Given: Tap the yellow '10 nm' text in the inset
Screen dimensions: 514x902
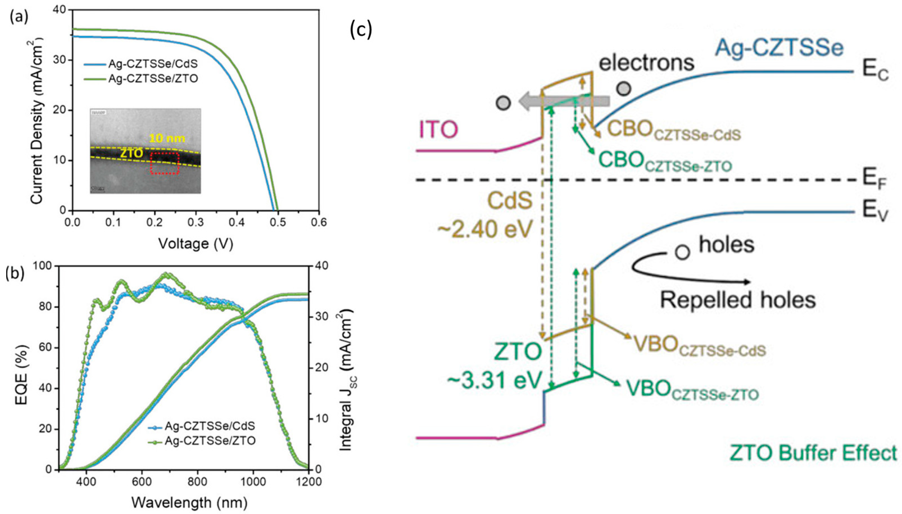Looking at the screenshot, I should [167, 138].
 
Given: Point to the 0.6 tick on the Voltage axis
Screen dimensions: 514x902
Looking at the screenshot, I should [319, 223].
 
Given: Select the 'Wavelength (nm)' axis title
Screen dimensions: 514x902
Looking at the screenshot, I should [189, 502].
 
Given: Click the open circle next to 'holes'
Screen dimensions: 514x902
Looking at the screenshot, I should [682, 253].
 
